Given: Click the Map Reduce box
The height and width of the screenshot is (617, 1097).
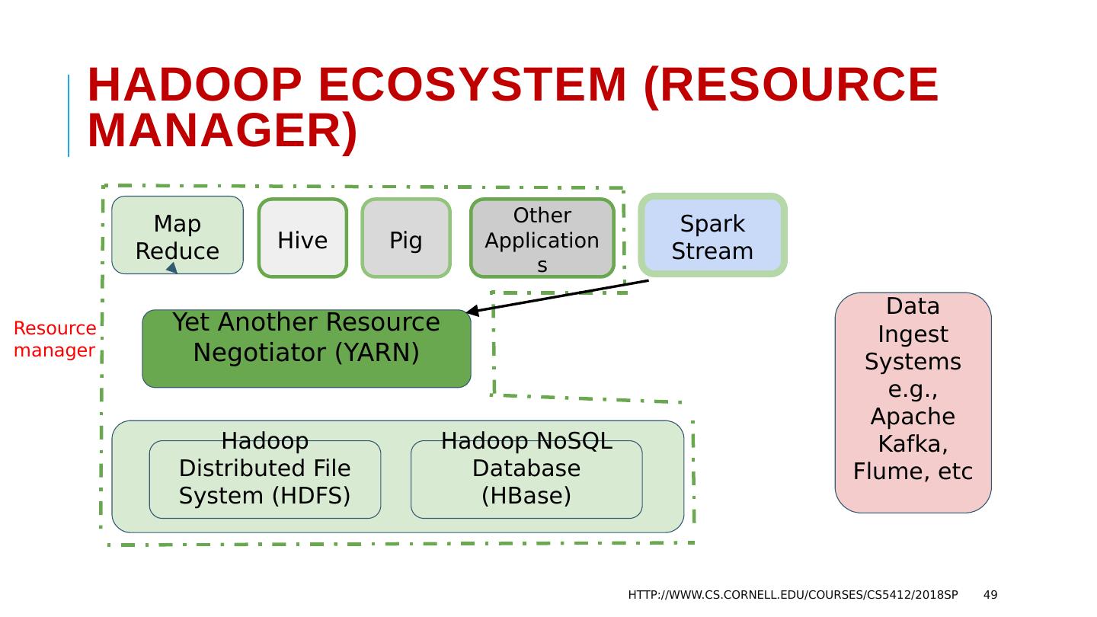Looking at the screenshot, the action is coord(178,235).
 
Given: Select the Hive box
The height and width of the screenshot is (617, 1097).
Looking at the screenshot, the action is coord(302,238).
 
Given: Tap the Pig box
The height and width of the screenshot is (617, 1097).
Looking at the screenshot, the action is coord(406,238).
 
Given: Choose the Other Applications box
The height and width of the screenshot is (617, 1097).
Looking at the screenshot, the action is coord(542,238).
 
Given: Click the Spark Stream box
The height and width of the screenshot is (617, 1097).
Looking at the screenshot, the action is coord(712,235).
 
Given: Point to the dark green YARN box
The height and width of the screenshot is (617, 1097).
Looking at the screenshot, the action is coord(306,349).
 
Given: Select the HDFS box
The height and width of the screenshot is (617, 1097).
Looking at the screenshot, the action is coord(265,479).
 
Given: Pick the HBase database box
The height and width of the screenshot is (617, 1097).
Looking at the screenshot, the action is coord(526,479).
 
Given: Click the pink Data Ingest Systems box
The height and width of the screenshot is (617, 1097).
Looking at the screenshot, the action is coord(913,402).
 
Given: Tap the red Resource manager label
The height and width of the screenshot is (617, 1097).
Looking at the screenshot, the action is coord(55,339).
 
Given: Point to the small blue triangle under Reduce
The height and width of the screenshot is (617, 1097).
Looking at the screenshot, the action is coord(172,268).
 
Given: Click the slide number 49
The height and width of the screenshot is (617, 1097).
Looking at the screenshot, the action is coord(990,595).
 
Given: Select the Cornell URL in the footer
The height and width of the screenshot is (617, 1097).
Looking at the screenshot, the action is coord(793,595).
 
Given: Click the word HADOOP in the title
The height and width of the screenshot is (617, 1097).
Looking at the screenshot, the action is coord(194,85).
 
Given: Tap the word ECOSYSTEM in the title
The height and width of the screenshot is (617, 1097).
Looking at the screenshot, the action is coord(472,85).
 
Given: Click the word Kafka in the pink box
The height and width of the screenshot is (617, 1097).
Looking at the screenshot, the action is coord(913,443).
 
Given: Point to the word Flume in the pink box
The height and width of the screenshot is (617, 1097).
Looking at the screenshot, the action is coord(891,471).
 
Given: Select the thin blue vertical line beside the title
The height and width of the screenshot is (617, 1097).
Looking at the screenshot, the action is coord(69,116).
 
